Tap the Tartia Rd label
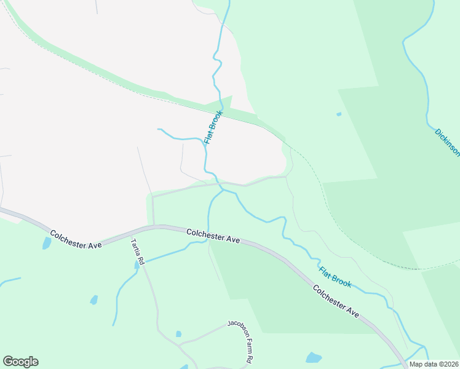click(137, 252)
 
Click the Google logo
click(20, 362)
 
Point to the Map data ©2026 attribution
click(434, 364)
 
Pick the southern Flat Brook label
click(335, 276)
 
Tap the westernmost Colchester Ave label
click(76, 239)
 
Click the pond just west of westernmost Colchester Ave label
click(47, 243)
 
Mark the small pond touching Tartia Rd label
click(137, 265)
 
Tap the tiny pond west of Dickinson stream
click(339, 114)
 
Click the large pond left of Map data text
click(314, 357)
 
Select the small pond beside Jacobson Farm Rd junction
click(178, 334)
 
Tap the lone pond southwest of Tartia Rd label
click(93, 300)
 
